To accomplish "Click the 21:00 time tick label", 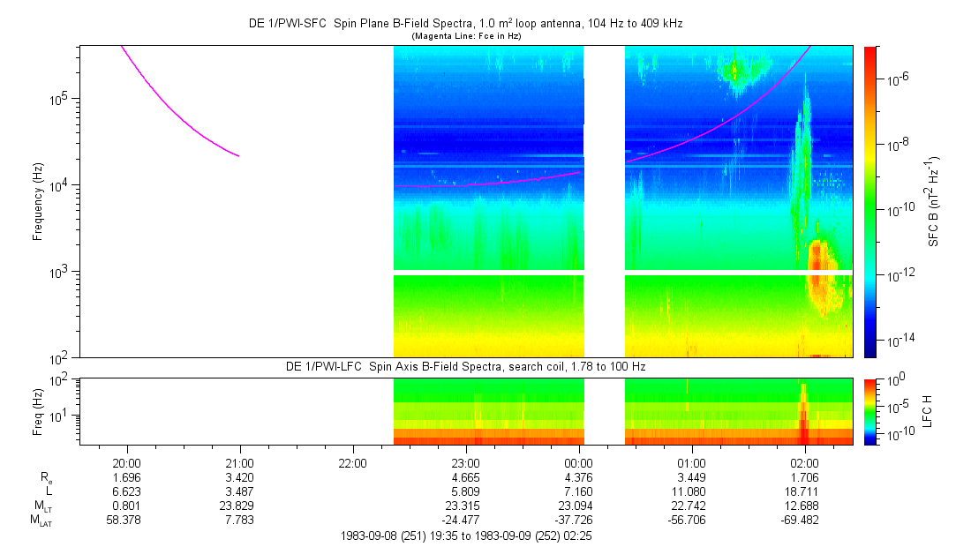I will (x=240, y=461).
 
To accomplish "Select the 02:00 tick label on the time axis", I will (x=804, y=461).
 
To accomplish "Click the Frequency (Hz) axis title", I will (x=38, y=201).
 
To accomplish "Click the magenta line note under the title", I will (x=466, y=36).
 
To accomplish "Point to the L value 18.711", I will (x=804, y=490).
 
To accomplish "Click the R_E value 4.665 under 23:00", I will (x=465, y=476).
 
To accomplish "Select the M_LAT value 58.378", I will (x=127, y=519).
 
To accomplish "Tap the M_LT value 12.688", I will (x=804, y=504).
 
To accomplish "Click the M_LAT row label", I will (x=41, y=520).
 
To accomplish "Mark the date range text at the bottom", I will (x=466, y=536).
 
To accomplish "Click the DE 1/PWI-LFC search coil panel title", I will (x=466, y=366).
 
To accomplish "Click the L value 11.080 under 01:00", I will (x=691, y=490).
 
